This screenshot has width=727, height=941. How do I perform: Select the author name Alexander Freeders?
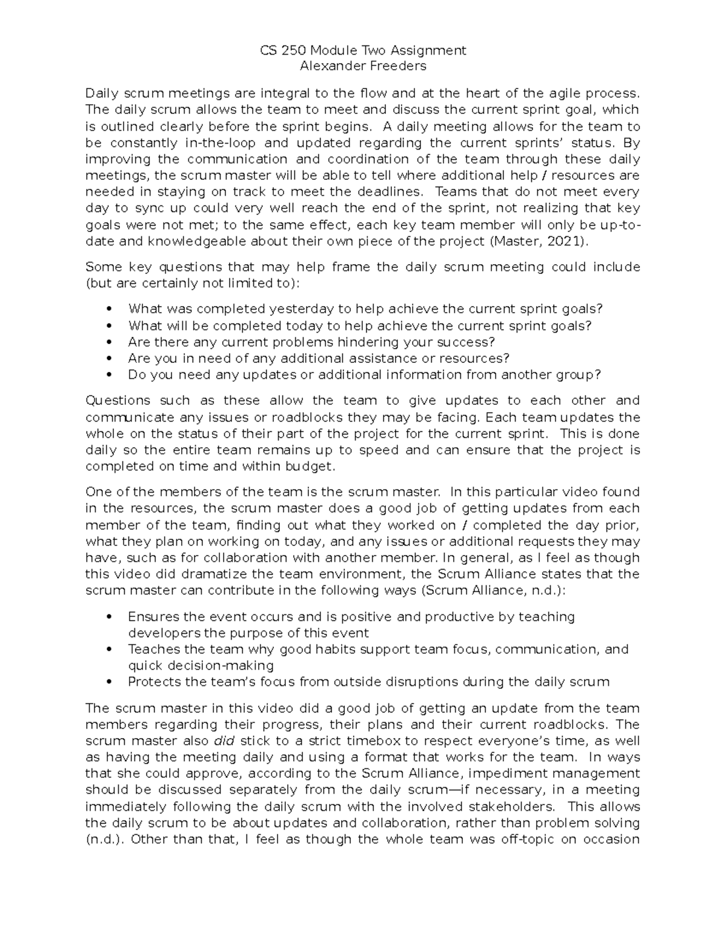click(363, 66)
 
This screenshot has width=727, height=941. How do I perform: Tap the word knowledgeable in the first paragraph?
click(196, 241)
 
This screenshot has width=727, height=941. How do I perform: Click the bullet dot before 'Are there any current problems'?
click(109, 342)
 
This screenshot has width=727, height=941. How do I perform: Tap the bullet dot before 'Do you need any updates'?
click(109, 375)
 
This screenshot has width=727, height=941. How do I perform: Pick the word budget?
click(311, 467)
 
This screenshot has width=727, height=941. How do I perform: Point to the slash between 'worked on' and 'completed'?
click(465, 525)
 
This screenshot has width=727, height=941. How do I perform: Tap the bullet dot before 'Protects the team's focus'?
click(109, 682)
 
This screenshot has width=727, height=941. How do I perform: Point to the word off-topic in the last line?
click(523, 839)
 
